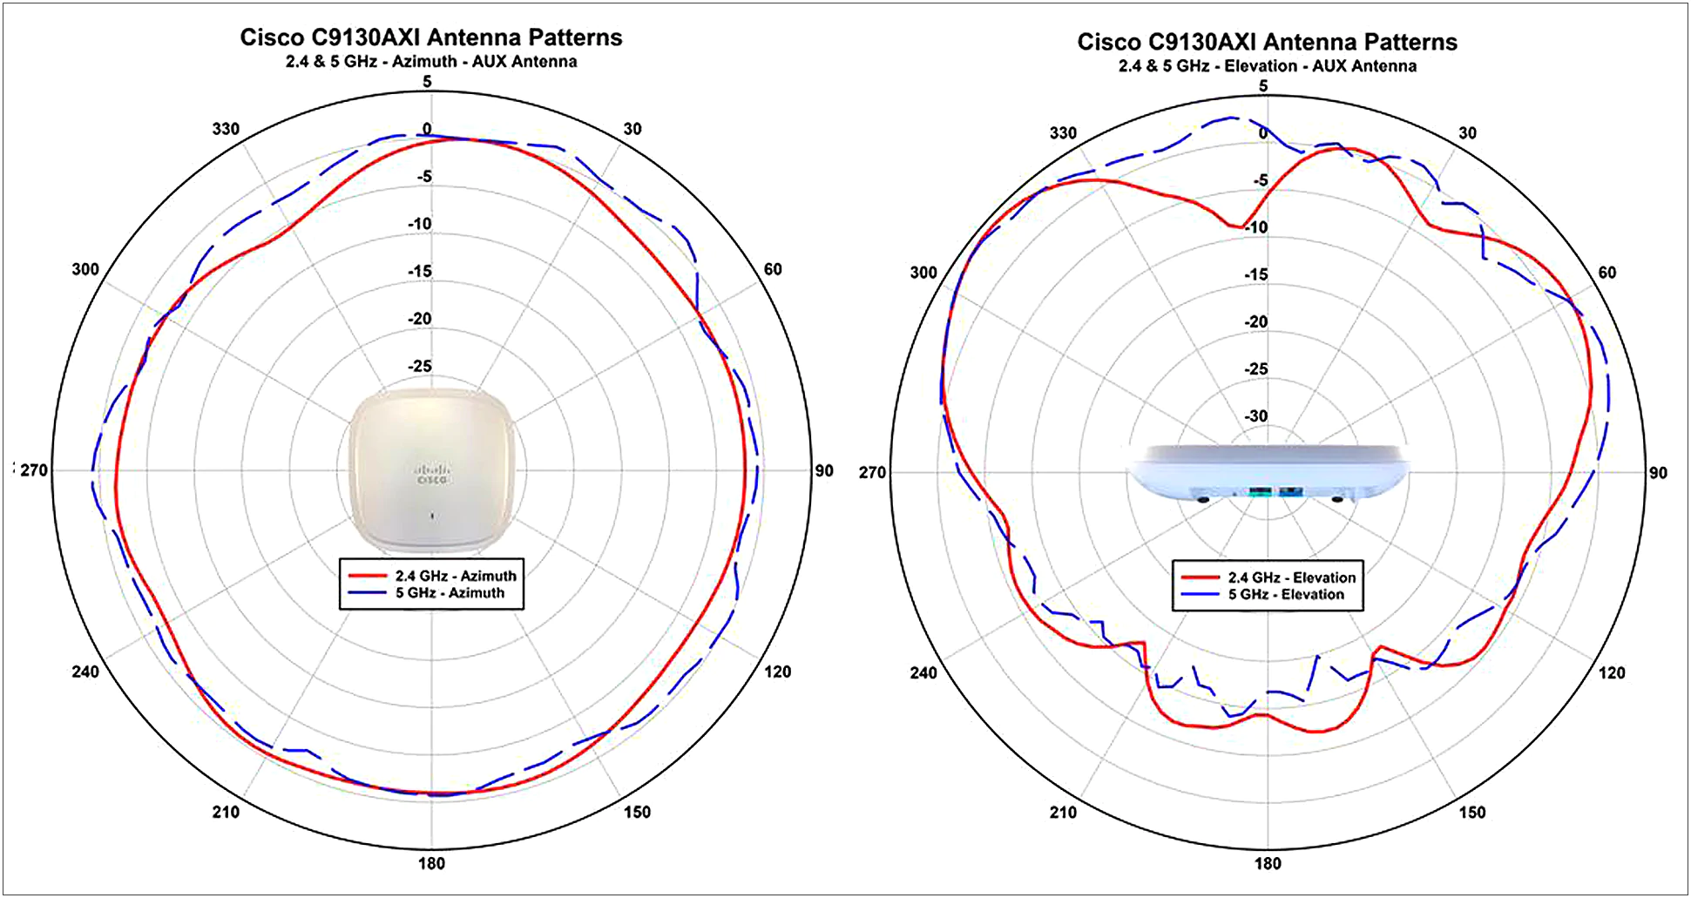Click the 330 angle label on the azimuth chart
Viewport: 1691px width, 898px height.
[x=226, y=129]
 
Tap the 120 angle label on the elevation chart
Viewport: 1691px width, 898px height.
[x=1612, y=672]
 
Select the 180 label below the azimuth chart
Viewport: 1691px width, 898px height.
[x=431, y=863]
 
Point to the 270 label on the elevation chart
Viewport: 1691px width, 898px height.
[x=872, y=472]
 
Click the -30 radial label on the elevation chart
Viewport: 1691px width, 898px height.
[x=1255, y=415]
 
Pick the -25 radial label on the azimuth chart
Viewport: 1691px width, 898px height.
[x=420, y=366]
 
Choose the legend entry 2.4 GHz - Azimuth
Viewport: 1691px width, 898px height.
[x=456, y=576]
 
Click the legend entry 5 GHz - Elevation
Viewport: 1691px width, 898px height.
[x=1286, y=594]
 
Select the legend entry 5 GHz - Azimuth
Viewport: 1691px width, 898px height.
[x=450, y=592]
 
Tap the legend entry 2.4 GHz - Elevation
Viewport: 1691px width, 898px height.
[x=1292, y=577]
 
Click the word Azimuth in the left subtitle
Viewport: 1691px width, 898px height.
[x=424, y=61]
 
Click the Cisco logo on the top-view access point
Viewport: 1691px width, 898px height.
[x=431, y=474]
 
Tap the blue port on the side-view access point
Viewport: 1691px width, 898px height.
[x=1289, y=493]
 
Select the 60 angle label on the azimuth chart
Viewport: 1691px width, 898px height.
[x=773, y=269]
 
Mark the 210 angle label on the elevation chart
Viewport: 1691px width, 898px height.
[x=1063, y=812]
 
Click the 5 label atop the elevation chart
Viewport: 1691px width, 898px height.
[x=1263, y=85]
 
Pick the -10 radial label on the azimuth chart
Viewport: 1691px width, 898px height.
[x=420, y=224]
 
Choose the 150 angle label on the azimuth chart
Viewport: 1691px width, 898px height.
[x=637, y=812]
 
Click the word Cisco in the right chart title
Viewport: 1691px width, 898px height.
[x=1109, y=42]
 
